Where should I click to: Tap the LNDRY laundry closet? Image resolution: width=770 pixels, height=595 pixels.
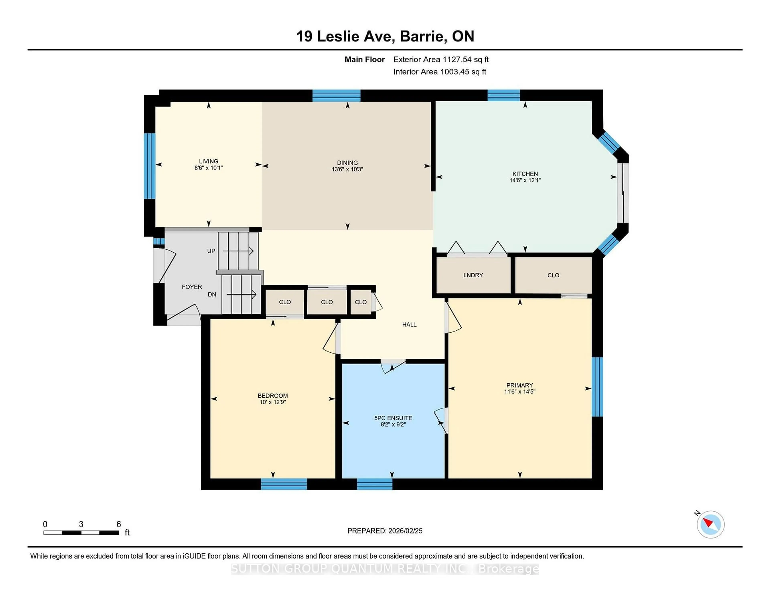coord(473,275)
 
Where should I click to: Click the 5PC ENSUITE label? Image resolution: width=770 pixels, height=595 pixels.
coord(393,418)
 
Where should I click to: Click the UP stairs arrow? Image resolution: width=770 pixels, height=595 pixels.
coord(238,251)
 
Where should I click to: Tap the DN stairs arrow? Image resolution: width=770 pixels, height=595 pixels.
coord(241,294)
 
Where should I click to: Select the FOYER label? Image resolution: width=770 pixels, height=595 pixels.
coord(192,287)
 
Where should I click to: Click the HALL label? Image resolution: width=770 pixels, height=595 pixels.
coord(409,324)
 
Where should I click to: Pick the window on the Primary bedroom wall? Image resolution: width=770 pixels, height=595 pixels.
coord(597,387)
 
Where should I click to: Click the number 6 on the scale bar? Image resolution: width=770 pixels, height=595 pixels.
coord(119,524)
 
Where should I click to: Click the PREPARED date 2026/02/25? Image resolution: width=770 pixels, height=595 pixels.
coord(385,531)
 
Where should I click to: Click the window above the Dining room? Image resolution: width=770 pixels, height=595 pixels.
coord(336,95)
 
